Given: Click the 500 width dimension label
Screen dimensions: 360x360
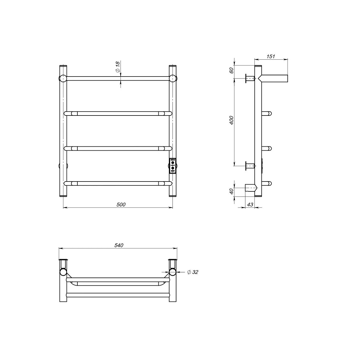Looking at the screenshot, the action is pos(121,204).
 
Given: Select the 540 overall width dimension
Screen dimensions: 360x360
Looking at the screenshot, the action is pos(119,245).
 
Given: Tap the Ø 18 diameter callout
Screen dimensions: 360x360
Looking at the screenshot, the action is pos(118,67).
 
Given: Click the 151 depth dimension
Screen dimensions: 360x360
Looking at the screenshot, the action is pos(271,56).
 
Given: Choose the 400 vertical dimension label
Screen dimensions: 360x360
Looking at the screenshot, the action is pos(232,120).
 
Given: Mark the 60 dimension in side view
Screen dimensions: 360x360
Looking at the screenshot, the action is pos(232,70).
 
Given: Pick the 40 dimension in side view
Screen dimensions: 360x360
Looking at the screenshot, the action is pos(232,191).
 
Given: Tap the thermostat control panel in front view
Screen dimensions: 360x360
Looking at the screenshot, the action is pos(172,166).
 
